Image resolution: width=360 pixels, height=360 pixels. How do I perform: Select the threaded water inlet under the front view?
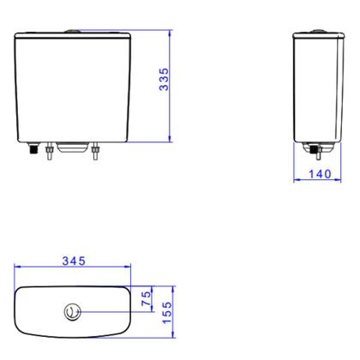[31, 151]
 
